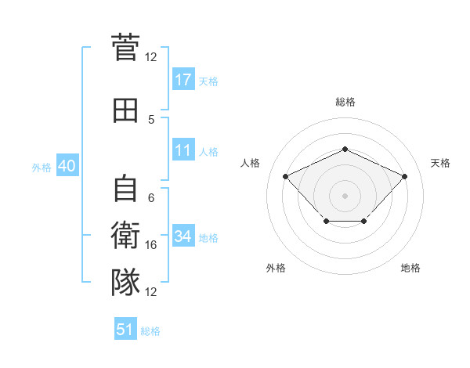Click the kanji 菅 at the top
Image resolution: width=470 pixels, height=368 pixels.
coord(125,48)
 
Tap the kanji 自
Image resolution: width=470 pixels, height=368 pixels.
coord(125,189)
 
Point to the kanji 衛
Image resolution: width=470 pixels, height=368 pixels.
coord(125,236)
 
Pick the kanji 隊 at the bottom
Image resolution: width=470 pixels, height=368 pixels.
coord(125,281)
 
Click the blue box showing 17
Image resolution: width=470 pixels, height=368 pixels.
coord(183,80)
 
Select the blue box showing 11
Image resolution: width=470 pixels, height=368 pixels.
coord(183,150)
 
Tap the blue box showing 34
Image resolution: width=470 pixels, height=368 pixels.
coord(183,236)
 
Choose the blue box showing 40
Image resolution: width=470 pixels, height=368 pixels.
coord(67,166)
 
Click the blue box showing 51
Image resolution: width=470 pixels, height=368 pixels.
coord(125,330)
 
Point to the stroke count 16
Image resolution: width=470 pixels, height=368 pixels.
coord(152,245)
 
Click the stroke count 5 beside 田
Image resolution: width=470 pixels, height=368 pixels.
coord(151,119)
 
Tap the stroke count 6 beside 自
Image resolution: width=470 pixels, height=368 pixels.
coord(151,198)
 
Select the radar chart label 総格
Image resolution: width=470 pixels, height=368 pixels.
coord(345,102)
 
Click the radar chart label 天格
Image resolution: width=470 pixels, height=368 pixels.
coord(440,163)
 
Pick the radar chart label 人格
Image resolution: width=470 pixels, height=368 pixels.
coord(251,163)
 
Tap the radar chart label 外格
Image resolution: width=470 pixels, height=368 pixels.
coord(276,268)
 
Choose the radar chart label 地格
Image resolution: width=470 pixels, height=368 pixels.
coord(410,268)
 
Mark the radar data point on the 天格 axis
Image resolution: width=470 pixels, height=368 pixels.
coord(404,176)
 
